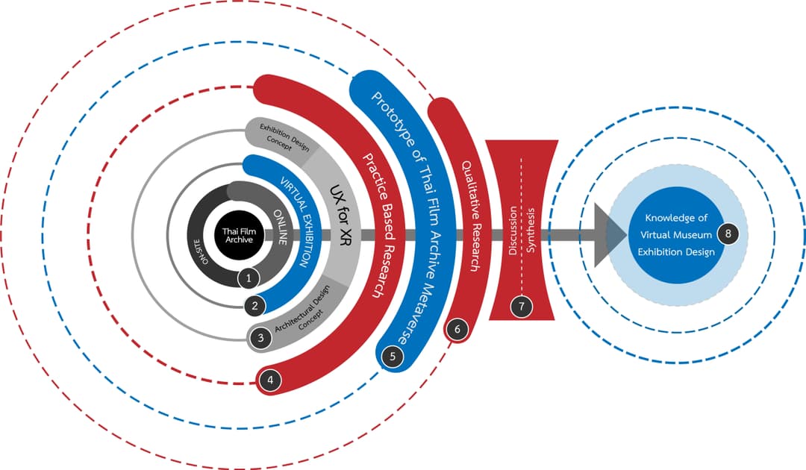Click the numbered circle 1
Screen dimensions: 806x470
pos(249,278)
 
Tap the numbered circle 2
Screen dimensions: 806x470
pos(255,306)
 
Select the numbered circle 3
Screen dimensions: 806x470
pos(260,337)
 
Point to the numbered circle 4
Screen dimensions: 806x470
pos(270,380)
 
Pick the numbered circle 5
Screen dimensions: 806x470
pos(393,356)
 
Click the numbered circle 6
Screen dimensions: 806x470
pos(457,329)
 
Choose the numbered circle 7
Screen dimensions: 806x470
pos(522,307)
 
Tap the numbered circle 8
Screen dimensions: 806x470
pos(728,234)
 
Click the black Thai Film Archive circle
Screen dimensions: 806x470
pos(239,235)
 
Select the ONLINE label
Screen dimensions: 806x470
pos(281,227)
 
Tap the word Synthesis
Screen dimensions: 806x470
pos(531,230)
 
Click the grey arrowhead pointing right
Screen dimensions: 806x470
pos(609,235)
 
